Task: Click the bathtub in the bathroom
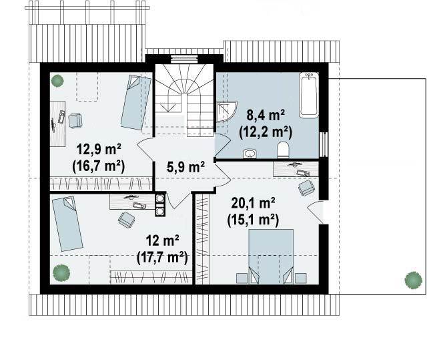pos(308,95)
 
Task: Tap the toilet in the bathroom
pos(283,150)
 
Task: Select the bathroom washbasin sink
pos(250,154)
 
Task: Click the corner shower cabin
pos(226,112)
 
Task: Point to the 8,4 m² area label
pos(266,116)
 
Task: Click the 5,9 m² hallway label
pos(185,167)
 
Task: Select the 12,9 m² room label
pos(99,149)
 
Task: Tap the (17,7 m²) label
pos(162,257)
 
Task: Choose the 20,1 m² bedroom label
pos(253,203)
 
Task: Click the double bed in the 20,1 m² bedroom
pos(272,256)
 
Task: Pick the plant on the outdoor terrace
pos(413,280)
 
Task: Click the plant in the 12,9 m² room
pos(57,81)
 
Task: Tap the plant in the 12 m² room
pos(61,273)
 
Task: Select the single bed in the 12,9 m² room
pos(136,103)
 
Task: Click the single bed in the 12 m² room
pos(67,224)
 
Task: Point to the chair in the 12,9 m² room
pos(75,120)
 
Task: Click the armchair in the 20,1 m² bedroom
pos(307,188)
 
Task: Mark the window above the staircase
pos(183,59)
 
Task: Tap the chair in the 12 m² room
pos(127,219)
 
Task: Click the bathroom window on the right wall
pos(324,145)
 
